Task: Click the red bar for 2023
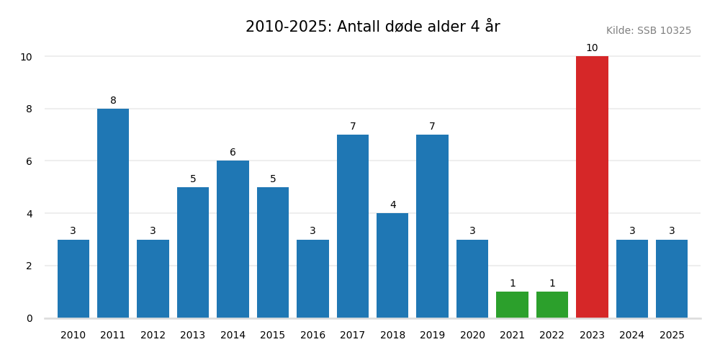click(x=592, y=187)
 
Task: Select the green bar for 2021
click(x=512, y=305)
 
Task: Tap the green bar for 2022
click(x=552, y=305)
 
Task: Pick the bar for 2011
click(x=113, y=213)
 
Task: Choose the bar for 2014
click(x=233, y=239)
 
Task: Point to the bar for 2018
click(x=392, y=265)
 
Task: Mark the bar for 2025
click(x=672, y=279)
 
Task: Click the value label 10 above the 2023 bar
click(x=592, y=48)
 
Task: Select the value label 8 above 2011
click(x=113, y=101)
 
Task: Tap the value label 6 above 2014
click(x=233, y=153)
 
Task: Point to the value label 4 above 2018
click(x=392, y=205)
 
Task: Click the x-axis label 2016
click(x=312, y=336)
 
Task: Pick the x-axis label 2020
click(x=472, y=336)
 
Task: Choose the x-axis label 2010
click(x=73, y=336)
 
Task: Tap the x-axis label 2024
click(x=632, y=336)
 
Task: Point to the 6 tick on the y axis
click(x=30, y=161)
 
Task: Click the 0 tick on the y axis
click(x=30, y=318)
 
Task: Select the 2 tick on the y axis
click(x=30, y=266)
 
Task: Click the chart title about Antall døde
click(x=372, y=27)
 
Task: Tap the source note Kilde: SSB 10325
click(x=648, y=31)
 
